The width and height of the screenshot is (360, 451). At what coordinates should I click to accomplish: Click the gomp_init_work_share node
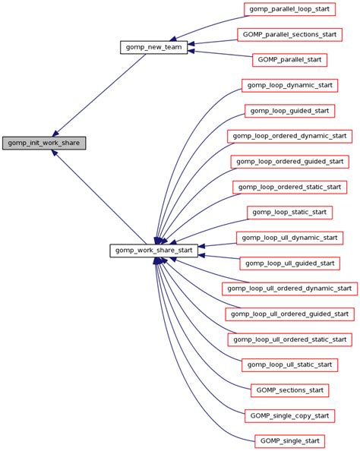(44, 143)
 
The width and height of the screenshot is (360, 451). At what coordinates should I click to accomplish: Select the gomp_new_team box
(153, 47)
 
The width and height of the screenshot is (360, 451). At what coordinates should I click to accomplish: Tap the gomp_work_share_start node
(154, 250)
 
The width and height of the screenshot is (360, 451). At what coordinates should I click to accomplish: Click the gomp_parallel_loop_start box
(289, 9)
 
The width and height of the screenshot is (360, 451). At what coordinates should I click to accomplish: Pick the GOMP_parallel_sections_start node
(289, 34)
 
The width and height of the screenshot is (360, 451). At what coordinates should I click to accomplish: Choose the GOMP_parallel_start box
(289, 59)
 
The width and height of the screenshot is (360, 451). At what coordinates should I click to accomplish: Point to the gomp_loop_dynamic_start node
(289, 85)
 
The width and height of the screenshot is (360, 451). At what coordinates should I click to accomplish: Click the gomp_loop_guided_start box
(289, 111)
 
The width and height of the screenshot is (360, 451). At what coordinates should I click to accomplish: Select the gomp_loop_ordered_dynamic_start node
(289, 136)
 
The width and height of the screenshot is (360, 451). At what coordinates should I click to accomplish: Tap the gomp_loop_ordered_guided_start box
(289, 162)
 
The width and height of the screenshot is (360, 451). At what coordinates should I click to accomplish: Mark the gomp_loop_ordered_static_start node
(289, 187)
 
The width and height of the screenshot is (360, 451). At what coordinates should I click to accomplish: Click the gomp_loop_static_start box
(289, 212)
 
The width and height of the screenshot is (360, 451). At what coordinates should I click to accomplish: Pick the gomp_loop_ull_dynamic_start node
(289, 238)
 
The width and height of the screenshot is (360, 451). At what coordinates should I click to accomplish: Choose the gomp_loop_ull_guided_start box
(289, 263)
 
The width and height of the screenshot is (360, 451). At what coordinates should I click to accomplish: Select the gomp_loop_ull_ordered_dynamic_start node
(289, 289)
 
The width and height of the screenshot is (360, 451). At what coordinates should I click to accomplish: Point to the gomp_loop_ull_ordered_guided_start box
(289, 314)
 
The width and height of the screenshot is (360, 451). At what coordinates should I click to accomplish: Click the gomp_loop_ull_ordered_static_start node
(289, 339)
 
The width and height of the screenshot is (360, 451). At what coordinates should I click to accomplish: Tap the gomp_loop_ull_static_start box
(289, 365)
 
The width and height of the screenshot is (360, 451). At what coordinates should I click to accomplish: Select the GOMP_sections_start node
(289, 390)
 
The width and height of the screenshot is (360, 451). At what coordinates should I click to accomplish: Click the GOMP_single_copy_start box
(289, 415)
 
